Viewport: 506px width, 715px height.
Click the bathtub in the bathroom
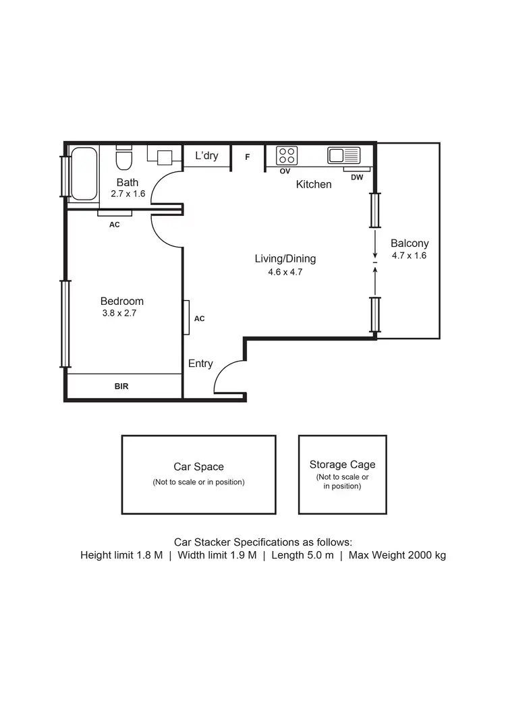coord(84,173)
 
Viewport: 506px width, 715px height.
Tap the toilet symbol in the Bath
coord(123,160)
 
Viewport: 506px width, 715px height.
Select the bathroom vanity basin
coord(165,157)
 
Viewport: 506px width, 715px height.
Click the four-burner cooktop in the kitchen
coord(287,156)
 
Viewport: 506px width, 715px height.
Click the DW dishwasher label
coord(357,177)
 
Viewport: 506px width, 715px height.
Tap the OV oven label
coord(285,171)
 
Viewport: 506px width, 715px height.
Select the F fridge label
coord(248,156)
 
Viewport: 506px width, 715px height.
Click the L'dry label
coord(206,156)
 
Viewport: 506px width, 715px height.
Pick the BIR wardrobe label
coord(121,387)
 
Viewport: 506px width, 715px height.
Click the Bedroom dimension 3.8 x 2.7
coord(119,313)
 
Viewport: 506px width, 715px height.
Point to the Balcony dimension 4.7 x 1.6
coord(409,256)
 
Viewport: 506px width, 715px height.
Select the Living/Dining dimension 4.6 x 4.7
coord(285,273)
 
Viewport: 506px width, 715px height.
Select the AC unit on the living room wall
coord(186,318)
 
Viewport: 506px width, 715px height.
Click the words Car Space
coord(198,467)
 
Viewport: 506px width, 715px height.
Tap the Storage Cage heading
coord(342,464)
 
